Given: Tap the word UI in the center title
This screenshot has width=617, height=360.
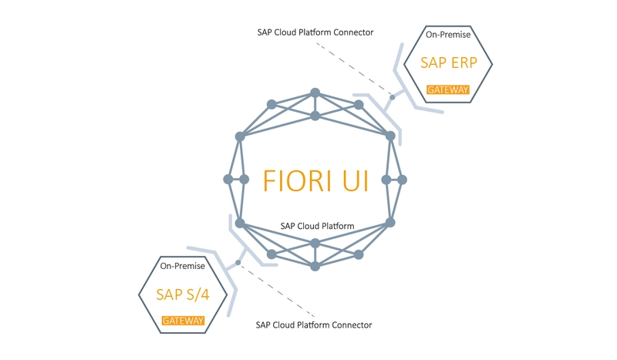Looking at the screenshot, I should pyautogui.click(x=355, y=180).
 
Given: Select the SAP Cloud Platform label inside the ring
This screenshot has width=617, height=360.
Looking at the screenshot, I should pyautogui.click(x=317, y=227).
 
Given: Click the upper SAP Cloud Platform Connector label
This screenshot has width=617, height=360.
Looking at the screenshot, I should pyautogui.click(x=315, y=32).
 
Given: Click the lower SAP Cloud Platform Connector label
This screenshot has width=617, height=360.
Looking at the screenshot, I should pyautogui.click(x=314, y=325).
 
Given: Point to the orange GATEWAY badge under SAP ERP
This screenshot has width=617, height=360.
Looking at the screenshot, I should pyautogui.click(x=448, y=89).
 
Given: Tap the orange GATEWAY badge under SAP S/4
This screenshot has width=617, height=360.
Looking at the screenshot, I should pyautogui.click(x=183, y=320).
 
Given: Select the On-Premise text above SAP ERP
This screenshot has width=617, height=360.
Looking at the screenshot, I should pyautogui.click(x=448, y=35).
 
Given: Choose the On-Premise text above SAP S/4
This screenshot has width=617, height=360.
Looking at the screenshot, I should pyautogui.click(x=183, y=267).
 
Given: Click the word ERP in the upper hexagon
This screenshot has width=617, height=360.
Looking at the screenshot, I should pyautogui.click(x=463, y=64).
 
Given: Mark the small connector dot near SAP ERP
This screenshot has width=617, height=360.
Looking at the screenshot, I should pyautogui.click(x=392, y=97).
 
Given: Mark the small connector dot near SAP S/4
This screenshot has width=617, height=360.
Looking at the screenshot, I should pyautogui.click(x=238, y=263).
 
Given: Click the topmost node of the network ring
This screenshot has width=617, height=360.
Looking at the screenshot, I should pyautogui.click(x=315, y=93).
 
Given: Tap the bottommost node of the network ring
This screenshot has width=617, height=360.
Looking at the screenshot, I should pyautogui.click(x=315, y=267).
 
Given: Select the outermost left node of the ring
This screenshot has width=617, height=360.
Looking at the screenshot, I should pyautogui.click(x=228, y=180).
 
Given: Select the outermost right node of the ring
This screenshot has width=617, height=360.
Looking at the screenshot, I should pyautogui.click(x=402, y=180).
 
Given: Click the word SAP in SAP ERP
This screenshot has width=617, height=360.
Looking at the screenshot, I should pyautogui.click(x=433, y=64).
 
